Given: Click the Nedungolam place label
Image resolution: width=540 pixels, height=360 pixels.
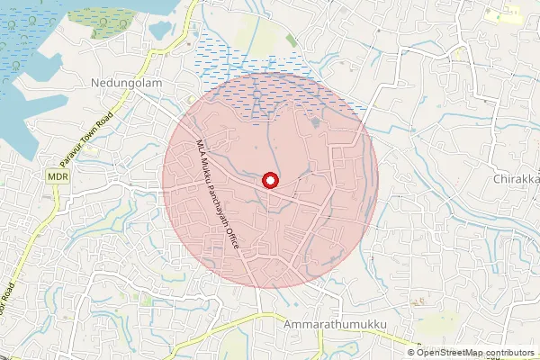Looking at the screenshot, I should click(x=124, y=83).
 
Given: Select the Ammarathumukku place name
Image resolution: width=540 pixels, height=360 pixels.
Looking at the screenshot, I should click(x=334, y=322).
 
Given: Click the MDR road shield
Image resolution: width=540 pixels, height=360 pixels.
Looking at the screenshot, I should click(x=58, y=177).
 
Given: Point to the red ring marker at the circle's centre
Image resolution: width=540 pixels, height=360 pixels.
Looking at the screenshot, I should click(x=268, y=181).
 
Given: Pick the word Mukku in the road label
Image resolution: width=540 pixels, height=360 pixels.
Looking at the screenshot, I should click(x=209, y=172).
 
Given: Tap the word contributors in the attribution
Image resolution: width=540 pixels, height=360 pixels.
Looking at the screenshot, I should click(x=510, y=353).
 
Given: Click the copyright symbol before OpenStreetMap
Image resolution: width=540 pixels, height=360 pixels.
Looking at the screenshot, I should click(x=411, y=353).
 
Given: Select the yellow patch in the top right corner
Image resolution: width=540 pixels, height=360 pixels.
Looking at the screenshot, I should click(x=504, y=15).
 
